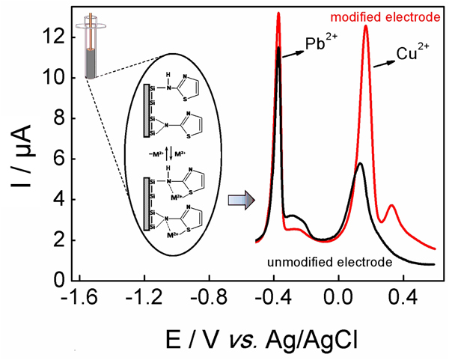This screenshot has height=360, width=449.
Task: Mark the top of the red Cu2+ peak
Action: (x=366, y=26)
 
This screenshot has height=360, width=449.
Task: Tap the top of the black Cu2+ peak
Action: (x=361, y=163)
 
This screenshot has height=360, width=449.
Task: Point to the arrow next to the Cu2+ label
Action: (x=384, y=63)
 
